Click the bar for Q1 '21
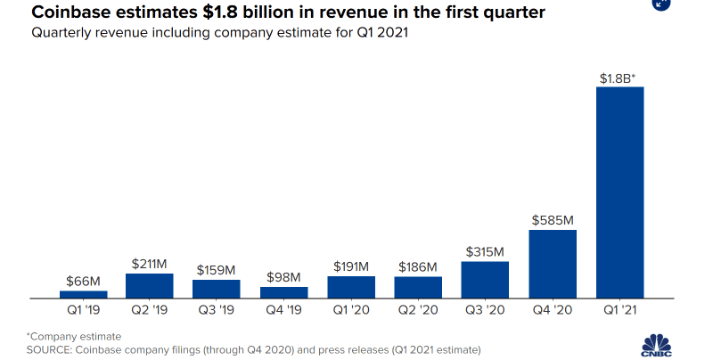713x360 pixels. coord(619,192)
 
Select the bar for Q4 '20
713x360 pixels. coord(553,264)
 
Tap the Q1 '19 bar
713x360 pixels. coord(84,294)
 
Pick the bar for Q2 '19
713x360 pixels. coord(150,285)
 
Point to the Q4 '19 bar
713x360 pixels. coord(283,292)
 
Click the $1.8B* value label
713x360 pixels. coord(618,78)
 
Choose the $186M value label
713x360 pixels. coord(418,267)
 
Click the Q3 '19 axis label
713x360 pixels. coord(217,311)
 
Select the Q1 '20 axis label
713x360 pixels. coord(351,311)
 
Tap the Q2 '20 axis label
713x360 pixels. coord(418,311)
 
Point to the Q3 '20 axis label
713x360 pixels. coord(486,311)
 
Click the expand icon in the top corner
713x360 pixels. coord(660,4)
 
